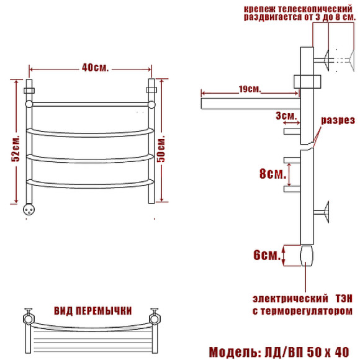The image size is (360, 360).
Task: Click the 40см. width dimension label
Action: pyautogui.click(x=95, y=68)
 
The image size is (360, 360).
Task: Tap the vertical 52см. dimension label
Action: pyautogui.click(x=16, y=149)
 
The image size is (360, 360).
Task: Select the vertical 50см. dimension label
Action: pyautogui.click(x=161, y=149)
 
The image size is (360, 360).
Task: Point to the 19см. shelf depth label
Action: pyautogui.click(x=250, y=89)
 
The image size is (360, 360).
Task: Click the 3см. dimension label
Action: pyautogui.click(x=286, y=116)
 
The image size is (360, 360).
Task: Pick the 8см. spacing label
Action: pyautogui.click(x=272, y=174)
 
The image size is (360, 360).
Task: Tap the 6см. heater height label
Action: pyautogui.click(x=267, y=255)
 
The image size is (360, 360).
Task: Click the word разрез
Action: pyautogui.click(x=338, y=120)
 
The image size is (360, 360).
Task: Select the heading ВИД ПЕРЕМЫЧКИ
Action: pyautogui.click(x=92, y=310)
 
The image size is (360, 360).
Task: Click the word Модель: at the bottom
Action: pyautogui.click(x=235, y=352)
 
